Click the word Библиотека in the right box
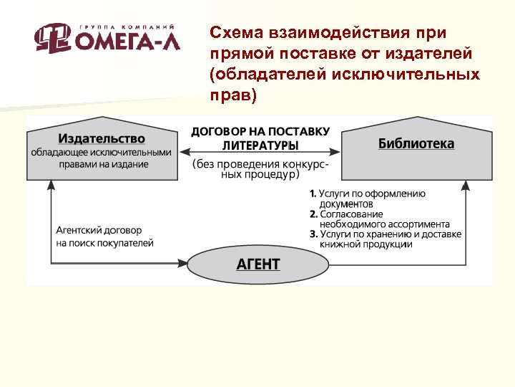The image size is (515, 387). point(416,143)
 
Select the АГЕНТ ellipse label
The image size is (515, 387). point(258,264)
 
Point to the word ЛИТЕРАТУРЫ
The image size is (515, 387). point(260,145)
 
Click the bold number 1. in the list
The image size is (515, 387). point(313,193)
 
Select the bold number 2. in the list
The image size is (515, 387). point(313,214)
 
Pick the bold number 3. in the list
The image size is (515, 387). point(313,234)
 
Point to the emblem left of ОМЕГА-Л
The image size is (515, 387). point(53,38)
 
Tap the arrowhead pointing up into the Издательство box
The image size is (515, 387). point(51,185)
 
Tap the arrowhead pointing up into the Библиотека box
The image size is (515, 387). point(466,186)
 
